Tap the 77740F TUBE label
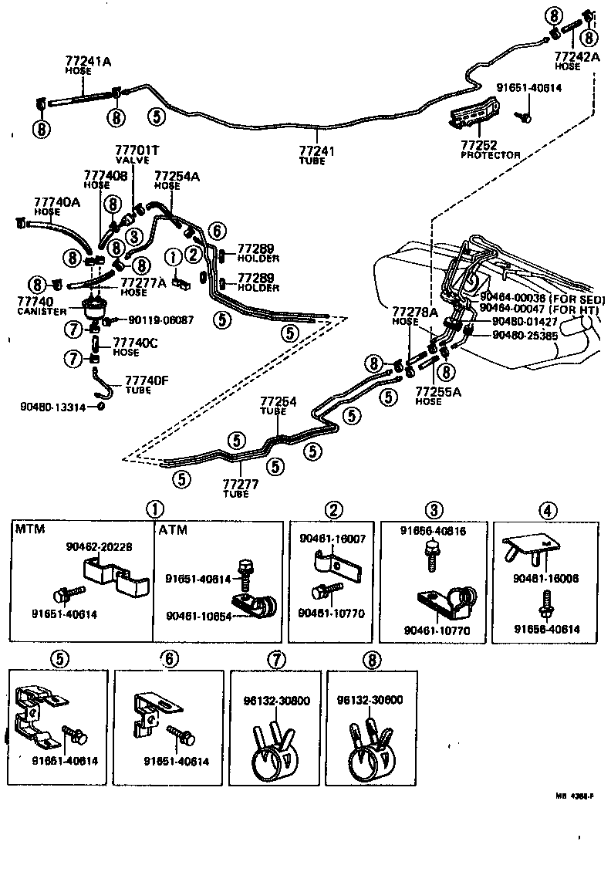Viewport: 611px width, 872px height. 136,384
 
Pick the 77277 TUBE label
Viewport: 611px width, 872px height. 239,488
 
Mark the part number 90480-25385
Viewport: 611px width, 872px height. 527,336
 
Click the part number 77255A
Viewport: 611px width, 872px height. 437,391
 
